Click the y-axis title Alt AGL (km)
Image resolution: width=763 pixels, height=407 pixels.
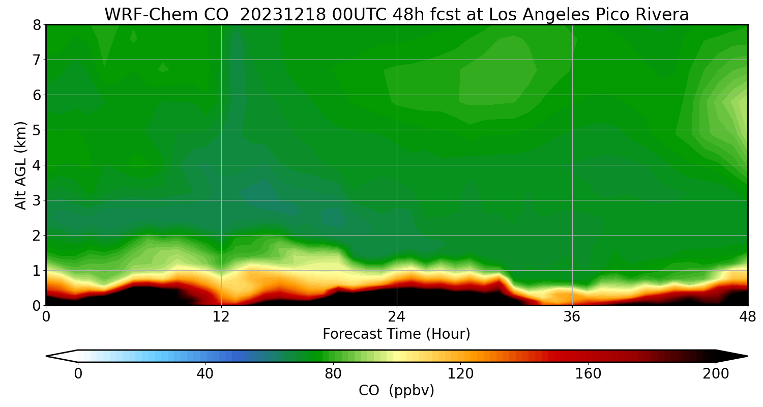[x=20, y=165]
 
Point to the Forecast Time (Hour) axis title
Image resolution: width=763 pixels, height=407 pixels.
[x=396, y=334]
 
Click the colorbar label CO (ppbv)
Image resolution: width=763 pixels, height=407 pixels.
[x=396, y=391]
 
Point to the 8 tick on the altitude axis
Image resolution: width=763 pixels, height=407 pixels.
[x=36, y=24]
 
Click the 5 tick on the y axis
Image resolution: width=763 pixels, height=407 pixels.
[x=36, y=130]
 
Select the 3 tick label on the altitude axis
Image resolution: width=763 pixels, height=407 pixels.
[x=36, y=200]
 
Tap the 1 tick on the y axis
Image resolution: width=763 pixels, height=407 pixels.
[x=36, y=270]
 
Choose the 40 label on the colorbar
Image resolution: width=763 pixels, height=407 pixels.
[x=205, y=374]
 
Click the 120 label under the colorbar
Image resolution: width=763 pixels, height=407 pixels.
[x=461, y=374]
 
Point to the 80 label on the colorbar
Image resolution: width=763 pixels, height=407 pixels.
[x=333, y=374]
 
